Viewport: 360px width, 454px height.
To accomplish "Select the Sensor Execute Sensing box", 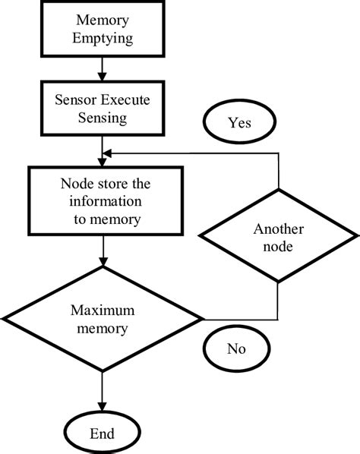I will [x=102, y=108].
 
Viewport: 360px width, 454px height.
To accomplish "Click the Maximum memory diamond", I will [x=102, y=319].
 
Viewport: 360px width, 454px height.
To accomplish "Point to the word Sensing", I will [x=102, y=117].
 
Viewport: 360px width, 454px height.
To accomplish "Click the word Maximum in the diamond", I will [x=102, y=310].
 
